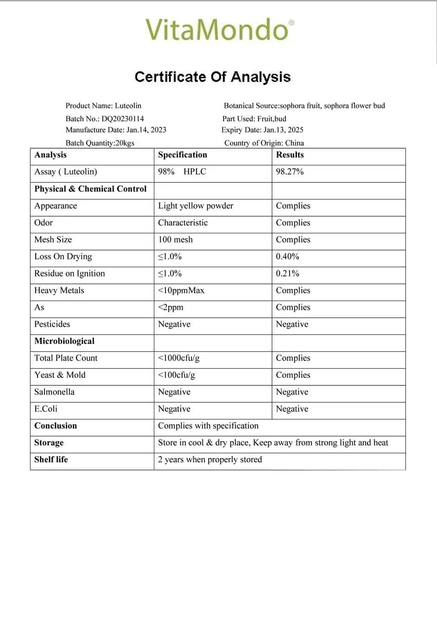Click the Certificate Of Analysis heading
(213, 77)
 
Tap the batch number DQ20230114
(123, 119)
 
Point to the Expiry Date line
(262, 130)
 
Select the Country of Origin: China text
(264, 143)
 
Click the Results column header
(290, 155)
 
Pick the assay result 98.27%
(290, 172)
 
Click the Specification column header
(183, 155)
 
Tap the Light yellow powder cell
(196, 206)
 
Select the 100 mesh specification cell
(175, 239)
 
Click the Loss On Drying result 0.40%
(287, 257)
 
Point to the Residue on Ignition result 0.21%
(287, 273)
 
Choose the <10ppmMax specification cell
(181, 290)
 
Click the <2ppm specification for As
(171, 307)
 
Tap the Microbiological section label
(64, 341)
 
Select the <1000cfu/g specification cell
(179, 358)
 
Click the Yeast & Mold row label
(60, 375)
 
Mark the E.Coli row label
(46, 409)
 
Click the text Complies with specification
(208, 426)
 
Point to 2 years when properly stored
(210, 459)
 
